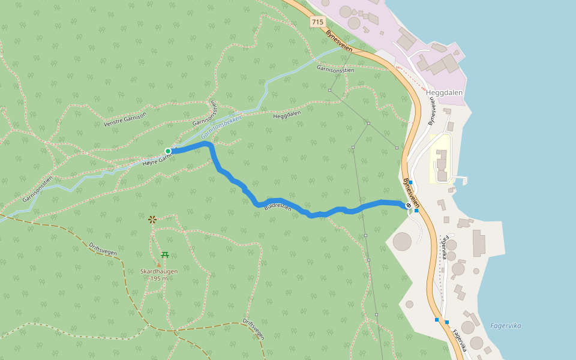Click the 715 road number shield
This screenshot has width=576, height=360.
(317, 22)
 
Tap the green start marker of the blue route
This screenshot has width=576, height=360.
(168, 151)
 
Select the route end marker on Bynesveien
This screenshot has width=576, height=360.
(409, 206)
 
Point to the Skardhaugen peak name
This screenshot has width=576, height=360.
(159, 271)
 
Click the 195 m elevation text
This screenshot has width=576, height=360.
(159, 278)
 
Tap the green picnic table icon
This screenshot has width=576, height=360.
(165, 254)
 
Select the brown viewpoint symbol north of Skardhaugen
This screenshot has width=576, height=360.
(152, 220)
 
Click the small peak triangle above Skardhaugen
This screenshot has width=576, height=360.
(159, 264)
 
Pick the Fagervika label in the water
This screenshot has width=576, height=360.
(505, 326)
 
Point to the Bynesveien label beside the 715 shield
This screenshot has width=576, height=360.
(340, 41)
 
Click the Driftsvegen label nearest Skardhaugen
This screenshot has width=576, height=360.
(103, 248)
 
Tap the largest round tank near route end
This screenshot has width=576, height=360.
(402, 241)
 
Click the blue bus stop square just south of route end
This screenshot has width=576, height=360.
(416, 211)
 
